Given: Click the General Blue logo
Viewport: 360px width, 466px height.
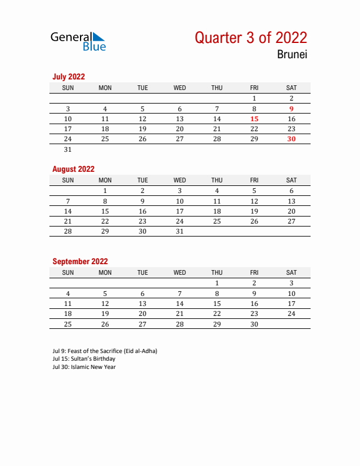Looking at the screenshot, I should [x=78, y=41].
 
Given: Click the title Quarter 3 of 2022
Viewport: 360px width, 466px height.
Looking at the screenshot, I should [x=251, y=38].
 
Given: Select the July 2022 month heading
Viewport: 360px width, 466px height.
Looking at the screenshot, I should [x=69, y=76].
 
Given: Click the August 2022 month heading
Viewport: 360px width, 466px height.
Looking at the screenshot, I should [x=74, y=169].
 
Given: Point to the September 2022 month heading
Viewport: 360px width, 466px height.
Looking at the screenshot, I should [x=80, y=261].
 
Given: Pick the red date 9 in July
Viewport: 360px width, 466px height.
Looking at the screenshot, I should [x=291, y=108].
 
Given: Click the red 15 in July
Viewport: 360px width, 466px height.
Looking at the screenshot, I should [x=254, y=119].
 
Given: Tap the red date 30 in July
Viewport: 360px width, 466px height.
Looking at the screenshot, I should [x=291, y=139].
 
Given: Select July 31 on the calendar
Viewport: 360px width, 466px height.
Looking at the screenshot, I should [x=68, y=149].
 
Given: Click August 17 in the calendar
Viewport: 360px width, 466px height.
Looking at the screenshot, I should [x=179, y=211].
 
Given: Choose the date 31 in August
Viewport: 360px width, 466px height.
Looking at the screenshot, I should [x=179, y=232].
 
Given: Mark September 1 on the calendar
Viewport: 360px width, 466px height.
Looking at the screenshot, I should [x=217, y=283].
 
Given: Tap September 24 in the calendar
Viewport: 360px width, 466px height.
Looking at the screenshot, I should [x=291, y=314].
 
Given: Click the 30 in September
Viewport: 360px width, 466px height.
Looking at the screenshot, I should [x=254, y=324].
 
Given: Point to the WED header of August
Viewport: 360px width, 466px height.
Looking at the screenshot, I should [x=179, y=180].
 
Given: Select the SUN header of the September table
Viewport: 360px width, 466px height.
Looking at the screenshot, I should [x=68, y=272].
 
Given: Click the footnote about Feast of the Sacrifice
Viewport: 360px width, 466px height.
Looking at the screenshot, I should [x=105, y=351].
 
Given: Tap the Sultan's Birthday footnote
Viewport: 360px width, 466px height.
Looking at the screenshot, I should [x=84, y=359].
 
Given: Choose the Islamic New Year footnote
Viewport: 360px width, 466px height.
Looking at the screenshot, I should [x=84, y=367].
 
